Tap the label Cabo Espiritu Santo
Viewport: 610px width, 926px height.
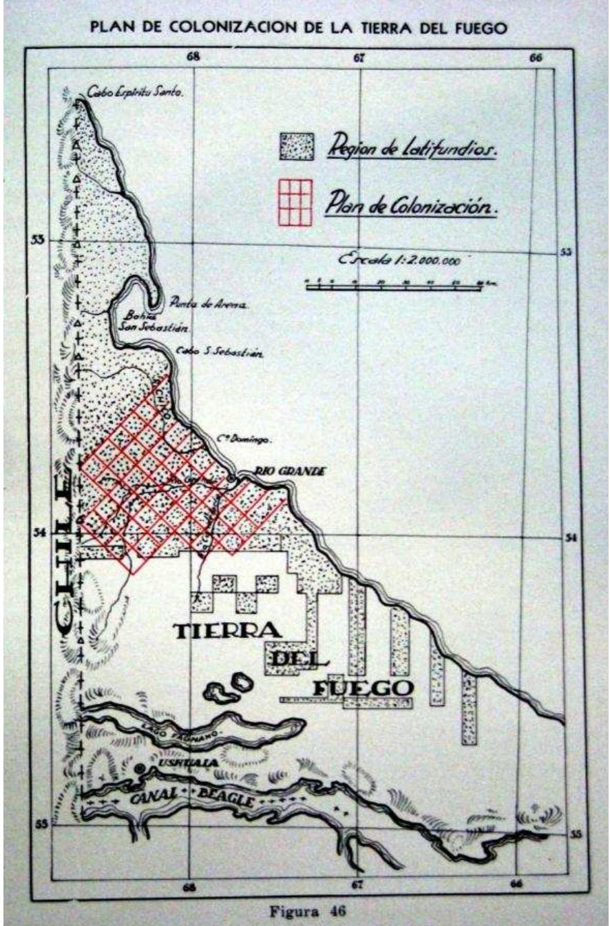(x=135, y=91)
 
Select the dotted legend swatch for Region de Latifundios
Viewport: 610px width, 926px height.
(x=295, y=146)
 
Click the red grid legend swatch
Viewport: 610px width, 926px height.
(x=295, y=202)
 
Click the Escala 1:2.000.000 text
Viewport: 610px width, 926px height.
(x=399, y=260)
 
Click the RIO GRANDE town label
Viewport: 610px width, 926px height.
(x=289, y=471)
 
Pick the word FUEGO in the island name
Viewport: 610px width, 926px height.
(x=362, y=687)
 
